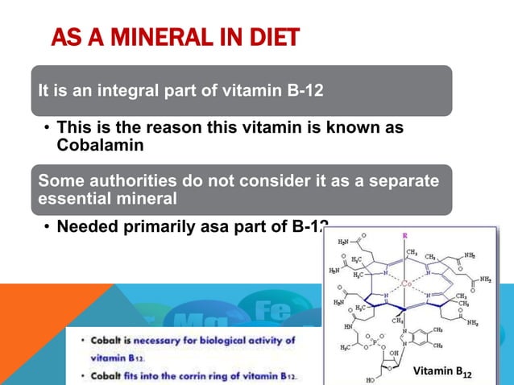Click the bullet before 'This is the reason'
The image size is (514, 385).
48,129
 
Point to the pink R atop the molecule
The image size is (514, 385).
404,234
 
